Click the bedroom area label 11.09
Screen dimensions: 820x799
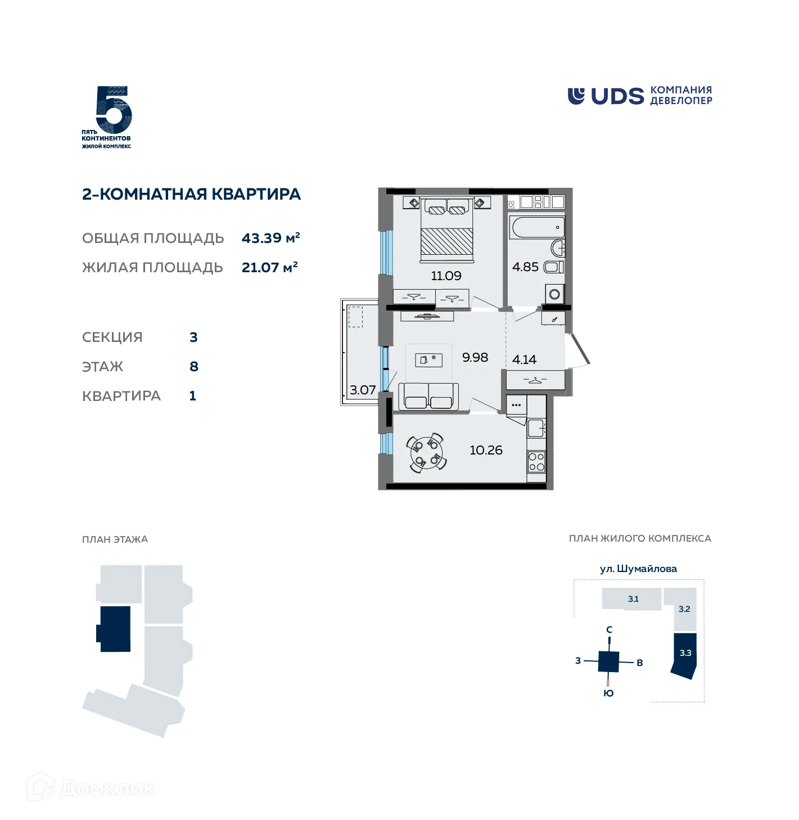[446, 276]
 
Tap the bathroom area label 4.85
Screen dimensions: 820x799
[525, 267]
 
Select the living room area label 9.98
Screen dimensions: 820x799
[475, 358]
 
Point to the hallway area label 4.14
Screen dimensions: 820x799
[524, 360]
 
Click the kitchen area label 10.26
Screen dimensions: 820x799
[486, 450]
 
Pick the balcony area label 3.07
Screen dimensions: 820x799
[363, 390]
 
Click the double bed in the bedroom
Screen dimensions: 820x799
[447, 231]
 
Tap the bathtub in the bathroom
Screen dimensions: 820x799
[537, 228]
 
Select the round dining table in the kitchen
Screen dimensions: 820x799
[427, 453]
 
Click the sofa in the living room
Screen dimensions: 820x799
[428, 396]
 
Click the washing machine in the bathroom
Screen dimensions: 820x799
[555, 294]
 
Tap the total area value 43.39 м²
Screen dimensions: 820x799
[270, 238]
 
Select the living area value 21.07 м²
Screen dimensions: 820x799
[269, 268]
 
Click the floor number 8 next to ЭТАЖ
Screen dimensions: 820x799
[194, 367]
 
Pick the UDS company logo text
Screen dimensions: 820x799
[617, 97]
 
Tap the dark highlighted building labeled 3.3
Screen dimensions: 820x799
[685, 655]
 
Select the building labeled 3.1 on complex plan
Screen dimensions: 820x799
[633, 599]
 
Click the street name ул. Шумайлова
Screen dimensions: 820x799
[638, 569]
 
